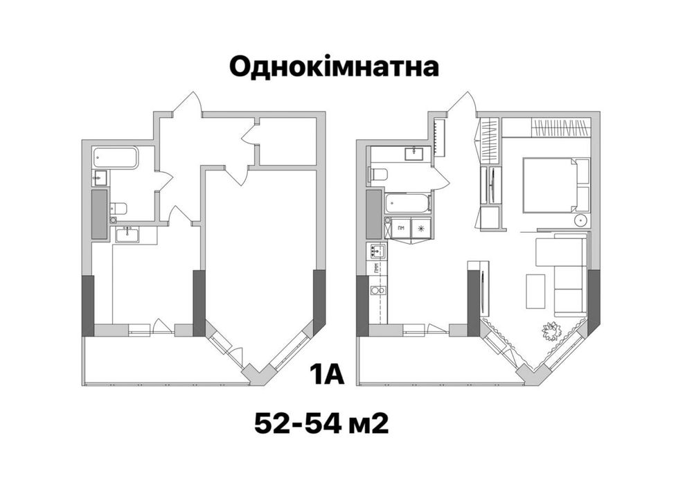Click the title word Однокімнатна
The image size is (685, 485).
[333, 67]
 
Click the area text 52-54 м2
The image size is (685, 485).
[321, 422]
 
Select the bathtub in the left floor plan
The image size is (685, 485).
[116, 158]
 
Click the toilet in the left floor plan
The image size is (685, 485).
[118, 207]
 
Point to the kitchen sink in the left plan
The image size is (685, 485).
[127, 235]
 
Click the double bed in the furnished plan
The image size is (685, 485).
[549, 185]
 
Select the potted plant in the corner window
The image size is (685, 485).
[552, 331]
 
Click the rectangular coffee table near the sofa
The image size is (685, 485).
[535, 291]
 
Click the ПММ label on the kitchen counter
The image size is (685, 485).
[375, 269]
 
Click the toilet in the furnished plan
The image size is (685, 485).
[378, 173]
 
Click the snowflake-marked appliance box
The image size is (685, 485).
[420, 227]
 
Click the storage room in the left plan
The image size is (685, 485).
[286, 143]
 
